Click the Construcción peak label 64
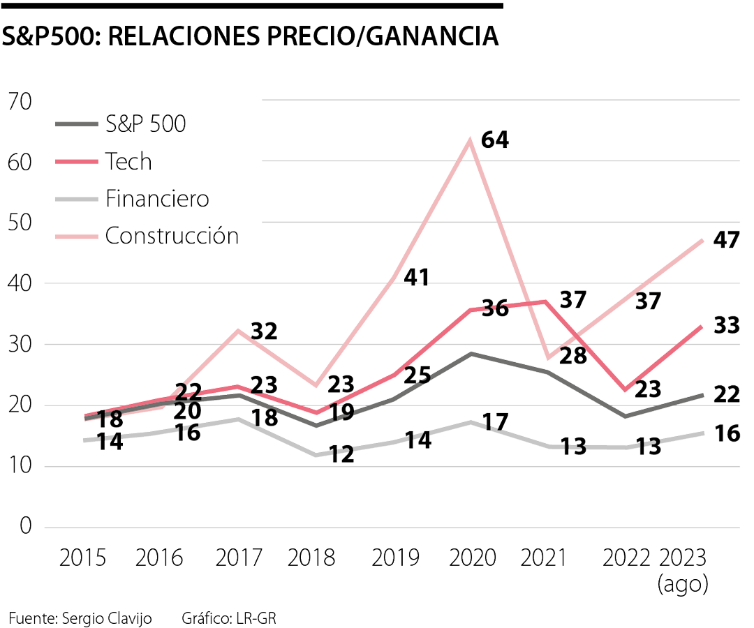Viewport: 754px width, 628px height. pyautogui.click(x=495, y=139)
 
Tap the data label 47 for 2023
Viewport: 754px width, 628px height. pyautogui.click(x=726, y=240)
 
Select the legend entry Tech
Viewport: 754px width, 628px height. pyautogui.click(x=128, y=161)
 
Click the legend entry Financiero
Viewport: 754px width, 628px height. pyautogui.click(x=157, y=198)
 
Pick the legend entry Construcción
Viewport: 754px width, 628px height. pyautogui.click(x=172, y=235)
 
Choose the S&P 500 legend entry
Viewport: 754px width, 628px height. pyautogui.click(x=145, y=124)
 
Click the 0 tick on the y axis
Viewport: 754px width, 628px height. pyautogui.click(x=26, y=527)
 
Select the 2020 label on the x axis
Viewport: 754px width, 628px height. pyautogui.click(x=473, y=558)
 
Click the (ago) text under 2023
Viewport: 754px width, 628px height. pyautogui.click(x=683, y=584)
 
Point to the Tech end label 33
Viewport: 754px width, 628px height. pyautogui.click(x=726, y=325)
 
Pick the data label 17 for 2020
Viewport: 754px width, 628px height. pyautogui.click(x=495, y=421)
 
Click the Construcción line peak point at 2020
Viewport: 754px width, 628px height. pyautogui.click(x=471, y=140)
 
